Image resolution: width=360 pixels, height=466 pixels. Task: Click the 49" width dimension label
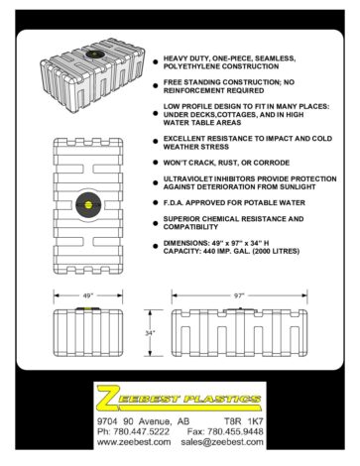pyautogui.click(x=88, y=295)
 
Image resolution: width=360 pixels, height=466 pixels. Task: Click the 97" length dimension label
pyautogui.click(x=239, y=295)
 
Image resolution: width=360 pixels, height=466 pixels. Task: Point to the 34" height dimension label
pyautogui.click(x=150, y=333)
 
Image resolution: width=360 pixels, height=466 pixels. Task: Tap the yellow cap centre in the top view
pyautogui.click(x=88, y=204)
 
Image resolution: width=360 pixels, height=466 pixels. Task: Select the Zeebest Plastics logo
pyautogui.click(x=180, y=397)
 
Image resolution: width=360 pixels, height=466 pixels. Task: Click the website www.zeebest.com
pyautogui.click(x=134, y=442)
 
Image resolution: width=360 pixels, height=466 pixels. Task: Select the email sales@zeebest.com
pyautogui.click(x=222, y=442)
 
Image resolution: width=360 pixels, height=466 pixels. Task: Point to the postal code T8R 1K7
pyautogui.click(x=244, y=421)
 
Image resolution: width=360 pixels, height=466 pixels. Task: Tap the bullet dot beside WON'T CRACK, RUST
pyautogui.click(x=156, y=163)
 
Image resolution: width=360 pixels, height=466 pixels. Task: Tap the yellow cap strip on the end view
pyautogui.click(x=88, y=308)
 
